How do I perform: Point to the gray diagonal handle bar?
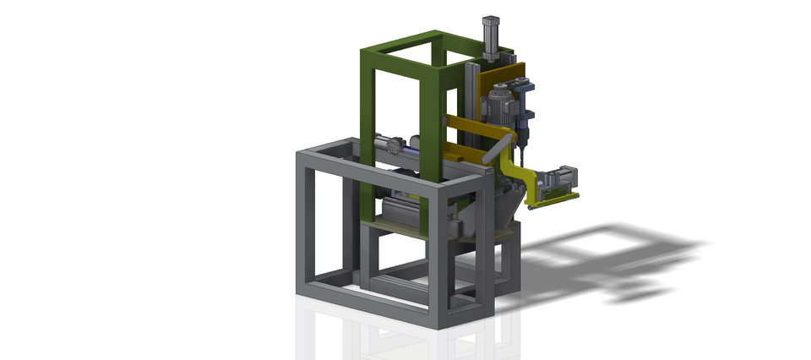(x=499, y=147)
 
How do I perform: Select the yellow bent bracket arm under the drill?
(x=529, y=182)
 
